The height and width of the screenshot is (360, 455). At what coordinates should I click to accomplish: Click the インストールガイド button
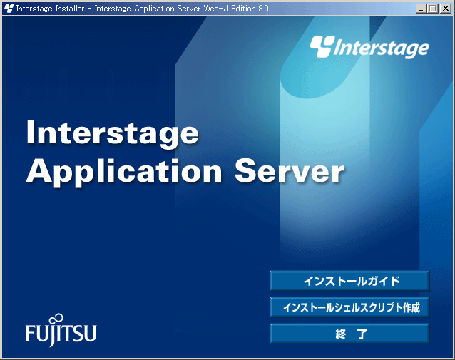point(349,281)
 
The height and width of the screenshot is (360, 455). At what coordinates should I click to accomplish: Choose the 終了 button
point(349,334)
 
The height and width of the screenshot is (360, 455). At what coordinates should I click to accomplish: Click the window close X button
point(446,9)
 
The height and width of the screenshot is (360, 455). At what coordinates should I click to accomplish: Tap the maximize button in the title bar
point(433,9)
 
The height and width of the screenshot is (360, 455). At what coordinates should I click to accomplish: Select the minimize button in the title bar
point(421,9)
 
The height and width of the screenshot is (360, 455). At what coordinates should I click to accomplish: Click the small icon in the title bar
point(9,9)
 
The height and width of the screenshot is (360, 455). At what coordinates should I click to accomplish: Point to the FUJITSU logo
point(61,330)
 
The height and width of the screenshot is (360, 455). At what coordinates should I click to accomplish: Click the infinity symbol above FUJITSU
point(56,319)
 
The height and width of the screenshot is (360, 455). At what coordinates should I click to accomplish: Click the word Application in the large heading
point(124,172)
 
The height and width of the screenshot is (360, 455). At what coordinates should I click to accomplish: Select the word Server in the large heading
point(290,171)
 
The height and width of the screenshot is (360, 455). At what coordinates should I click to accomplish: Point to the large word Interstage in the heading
point(113,134)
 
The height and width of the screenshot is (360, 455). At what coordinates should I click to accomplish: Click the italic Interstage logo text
point(382,48)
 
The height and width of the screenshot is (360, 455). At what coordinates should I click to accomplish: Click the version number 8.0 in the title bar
point(262,9)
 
